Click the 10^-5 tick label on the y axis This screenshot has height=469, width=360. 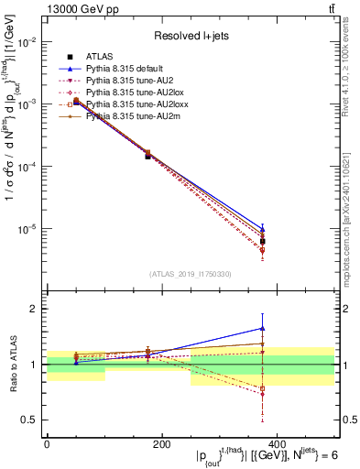coord(27,229)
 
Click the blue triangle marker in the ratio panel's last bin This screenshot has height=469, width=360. coord(263,328)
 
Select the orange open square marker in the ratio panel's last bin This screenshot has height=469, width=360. coord(263,388)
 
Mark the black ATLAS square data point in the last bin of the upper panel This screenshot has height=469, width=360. coord(263,241)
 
